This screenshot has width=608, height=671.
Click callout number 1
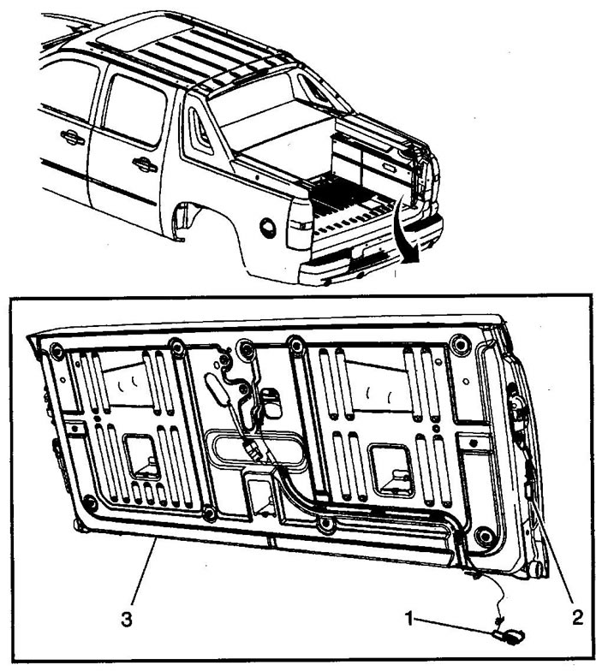click(409, 618)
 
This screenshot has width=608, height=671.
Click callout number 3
click(127, 620)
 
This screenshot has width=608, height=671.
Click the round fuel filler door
click(267, 228)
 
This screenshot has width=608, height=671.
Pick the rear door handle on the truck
click(144, 164)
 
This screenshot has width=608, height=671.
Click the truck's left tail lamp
click(299, 224)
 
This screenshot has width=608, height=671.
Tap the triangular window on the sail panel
click(200, 130)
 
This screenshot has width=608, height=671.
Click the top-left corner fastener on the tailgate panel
click(57, 351)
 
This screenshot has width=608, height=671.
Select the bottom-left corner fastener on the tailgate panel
click(89, 502)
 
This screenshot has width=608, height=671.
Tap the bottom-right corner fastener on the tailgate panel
click(483, 535)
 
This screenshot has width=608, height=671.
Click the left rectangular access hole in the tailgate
click(142, 457)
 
